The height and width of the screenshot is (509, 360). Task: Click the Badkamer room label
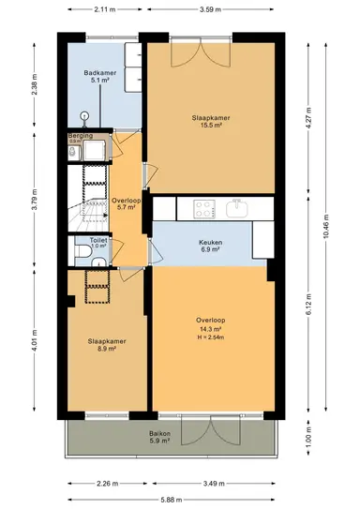[97, 72]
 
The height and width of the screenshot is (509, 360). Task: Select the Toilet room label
[98, 239]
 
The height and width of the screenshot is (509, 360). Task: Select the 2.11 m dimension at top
[105, 9]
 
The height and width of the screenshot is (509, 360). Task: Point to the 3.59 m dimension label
[216, 9]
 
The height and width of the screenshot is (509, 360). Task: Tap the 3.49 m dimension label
[215, 485]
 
